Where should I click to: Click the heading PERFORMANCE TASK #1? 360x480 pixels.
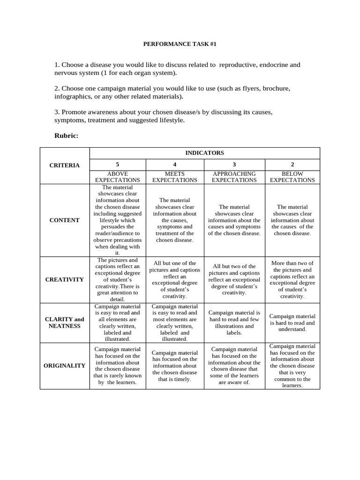pyautogui.click(x=180, y=44)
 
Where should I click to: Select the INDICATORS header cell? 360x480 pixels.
pyautogui.click(x=204, y=153)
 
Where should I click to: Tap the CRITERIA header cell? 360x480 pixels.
pyautogui.click(x=65, y=165)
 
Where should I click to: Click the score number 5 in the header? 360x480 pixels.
pyautogui.click(x=117, y=165)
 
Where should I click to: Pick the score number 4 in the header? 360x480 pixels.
pyautogui.click(x=175, y=165)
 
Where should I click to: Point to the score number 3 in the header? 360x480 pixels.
pyautogui.click(x=234, y=165)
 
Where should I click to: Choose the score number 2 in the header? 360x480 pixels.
pyautogui.click(x=292, y=165)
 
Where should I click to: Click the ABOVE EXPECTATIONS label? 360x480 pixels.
pyautogui.click(x=117, y=177)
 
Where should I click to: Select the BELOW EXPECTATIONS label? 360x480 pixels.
pyautogui.click(x=292, y=177)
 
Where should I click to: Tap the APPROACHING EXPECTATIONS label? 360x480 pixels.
pyautogui.click(x=234, y=177)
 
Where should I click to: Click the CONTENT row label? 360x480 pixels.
pyautogui.click(x=65, y=220)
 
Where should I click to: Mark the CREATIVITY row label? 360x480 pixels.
pyautogui.click(x=65, y=279)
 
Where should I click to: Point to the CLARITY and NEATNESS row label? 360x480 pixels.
pyautogui.click(x=65, y=322)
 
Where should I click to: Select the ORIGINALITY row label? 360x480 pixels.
pyautogui.click(x=65, y=366)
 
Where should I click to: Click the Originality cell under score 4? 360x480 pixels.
pyautogui.click(x=175, y=366)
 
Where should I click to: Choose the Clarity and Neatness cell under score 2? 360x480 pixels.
pyautogui.click(x=292, y=323)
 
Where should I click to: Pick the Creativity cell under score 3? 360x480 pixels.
pyautogui.click(x=234, y=280)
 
